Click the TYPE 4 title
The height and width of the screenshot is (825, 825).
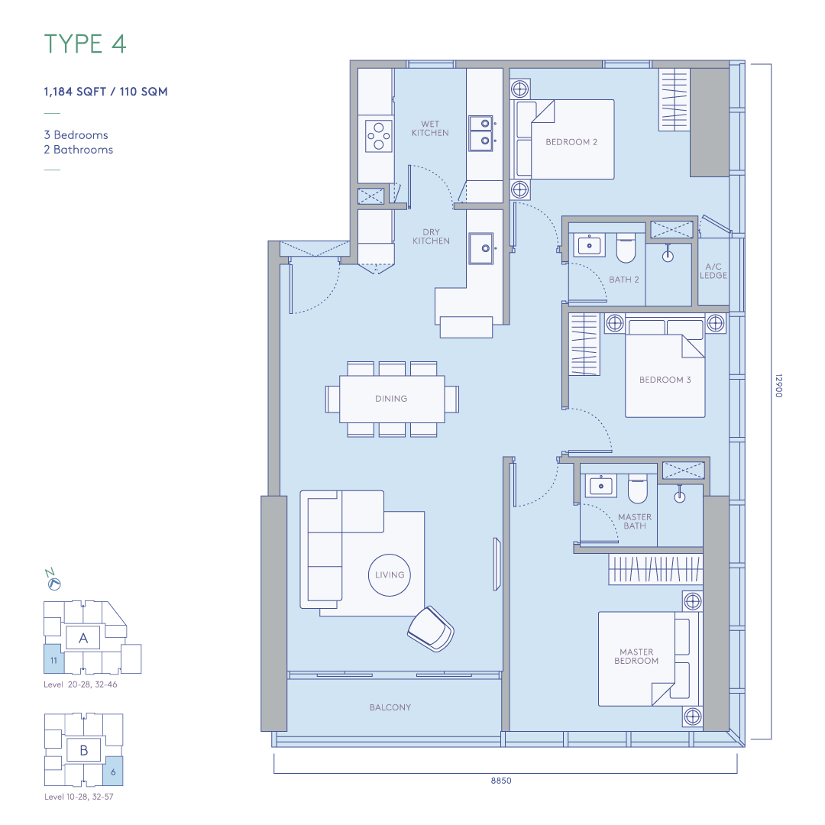pos(86,44)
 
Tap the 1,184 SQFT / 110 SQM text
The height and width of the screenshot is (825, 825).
pos(105,92)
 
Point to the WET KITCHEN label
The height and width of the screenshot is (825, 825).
pos(430,128)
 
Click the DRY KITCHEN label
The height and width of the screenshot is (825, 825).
pos(431,236)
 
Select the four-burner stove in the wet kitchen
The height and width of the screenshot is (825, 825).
pos(379,136)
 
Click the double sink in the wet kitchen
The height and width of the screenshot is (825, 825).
pos(481,133)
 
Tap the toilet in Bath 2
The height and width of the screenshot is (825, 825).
pos(626,247)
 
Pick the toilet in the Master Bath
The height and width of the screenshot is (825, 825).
pos(638,489)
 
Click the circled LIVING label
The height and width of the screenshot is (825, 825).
pos(390,575)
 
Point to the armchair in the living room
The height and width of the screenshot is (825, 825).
pos(431,629)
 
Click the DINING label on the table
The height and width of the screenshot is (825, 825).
pos(391,399)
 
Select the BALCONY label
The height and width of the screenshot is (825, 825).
pos(390,707)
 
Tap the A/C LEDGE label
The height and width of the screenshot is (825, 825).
pos(713,271)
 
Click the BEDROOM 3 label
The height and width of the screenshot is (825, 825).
pos(665,380)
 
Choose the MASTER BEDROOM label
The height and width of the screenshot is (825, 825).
pos(636,656)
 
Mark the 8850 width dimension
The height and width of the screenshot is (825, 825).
pos(501,781)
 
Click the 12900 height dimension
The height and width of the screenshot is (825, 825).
pos(778,386)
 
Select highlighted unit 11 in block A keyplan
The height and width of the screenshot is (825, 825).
pos(53,659)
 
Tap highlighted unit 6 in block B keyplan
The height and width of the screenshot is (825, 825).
pos(113,772)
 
